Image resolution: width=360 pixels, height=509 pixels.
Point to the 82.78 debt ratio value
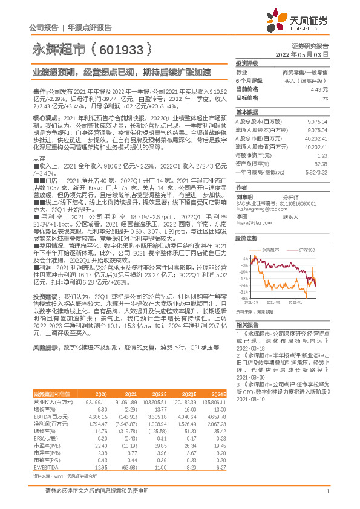tap(320, 163)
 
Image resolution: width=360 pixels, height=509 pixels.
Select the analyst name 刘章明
tap(244, 196)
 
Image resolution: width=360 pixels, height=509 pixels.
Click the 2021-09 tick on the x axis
tap(276, 302)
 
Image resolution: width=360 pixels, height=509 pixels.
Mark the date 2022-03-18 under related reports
tap(250, 349)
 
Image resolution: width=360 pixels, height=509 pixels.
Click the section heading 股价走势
tap(246, 238)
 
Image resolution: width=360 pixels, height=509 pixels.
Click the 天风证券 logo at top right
tap(301, 20)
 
